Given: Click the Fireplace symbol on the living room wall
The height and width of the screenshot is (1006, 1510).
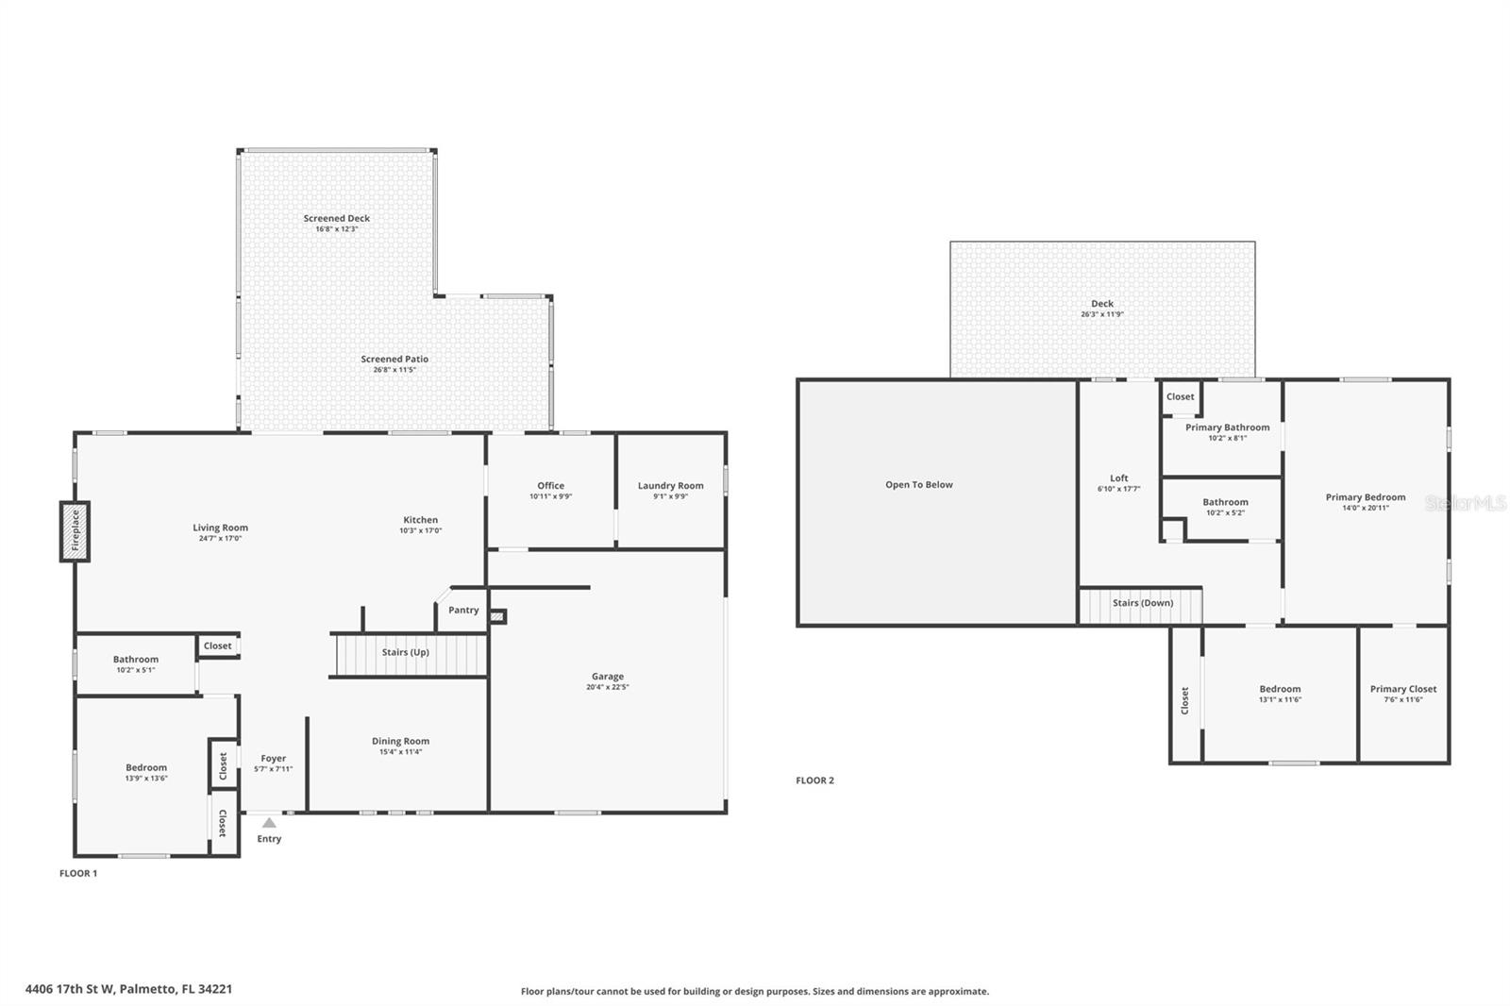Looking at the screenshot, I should [x=75, y=531].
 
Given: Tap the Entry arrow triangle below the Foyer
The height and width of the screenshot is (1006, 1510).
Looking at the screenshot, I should [x=269, y=823].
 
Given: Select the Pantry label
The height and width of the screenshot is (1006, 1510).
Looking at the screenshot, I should [x=463, y=611].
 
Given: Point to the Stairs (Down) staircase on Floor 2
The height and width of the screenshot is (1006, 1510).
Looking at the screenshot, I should [x=1141, y=605].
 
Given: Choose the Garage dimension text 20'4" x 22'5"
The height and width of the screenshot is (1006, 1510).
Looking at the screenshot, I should [x=608, y=687].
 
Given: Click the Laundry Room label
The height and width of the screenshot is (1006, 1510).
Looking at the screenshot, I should [x=670, y=486].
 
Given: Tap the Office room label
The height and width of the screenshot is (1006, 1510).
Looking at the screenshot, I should [x=550, y=486].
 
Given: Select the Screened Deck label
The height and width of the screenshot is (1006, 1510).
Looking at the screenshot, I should [x=337, y=218].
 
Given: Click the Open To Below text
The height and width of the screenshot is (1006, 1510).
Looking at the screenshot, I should [x=918, y=485].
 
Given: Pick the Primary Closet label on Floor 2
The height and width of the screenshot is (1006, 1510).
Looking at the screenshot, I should [x=1403, y=689].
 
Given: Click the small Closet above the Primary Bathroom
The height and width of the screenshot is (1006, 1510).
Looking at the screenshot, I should [x=1180, y=397].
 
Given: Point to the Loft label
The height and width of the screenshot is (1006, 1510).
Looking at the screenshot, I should [x=1118, y=478].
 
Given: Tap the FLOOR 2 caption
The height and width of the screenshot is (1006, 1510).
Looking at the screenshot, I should [x=814, y=780].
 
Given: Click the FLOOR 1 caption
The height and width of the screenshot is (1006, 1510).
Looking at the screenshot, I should [x=78, y=874].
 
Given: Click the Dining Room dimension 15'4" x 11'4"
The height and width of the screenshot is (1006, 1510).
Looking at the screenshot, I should [x=400, y=752].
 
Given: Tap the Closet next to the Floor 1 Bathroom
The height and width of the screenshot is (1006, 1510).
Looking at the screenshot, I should [x=218, y=646].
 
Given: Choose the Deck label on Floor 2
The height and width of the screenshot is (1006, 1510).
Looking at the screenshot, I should [x=1102, y=304].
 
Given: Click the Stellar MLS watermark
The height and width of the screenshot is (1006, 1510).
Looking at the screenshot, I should [x=1465, y=504].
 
